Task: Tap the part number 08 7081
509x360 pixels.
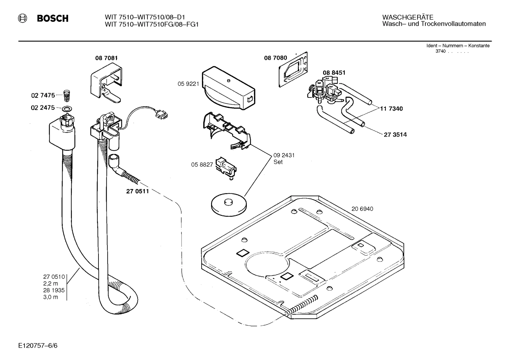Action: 106,58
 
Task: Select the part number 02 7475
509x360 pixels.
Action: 43,95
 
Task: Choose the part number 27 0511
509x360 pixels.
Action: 137,191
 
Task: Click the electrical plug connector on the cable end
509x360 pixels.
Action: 162,114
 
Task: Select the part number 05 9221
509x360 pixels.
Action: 188,84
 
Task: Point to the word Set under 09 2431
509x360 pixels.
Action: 278,162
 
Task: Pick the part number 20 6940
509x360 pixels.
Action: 362,209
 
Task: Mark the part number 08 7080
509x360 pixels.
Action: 275,58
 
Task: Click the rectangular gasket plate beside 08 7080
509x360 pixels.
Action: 293,69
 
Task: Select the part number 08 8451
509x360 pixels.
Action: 334,72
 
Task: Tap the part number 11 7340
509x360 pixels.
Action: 391,109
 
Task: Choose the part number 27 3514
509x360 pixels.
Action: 395,135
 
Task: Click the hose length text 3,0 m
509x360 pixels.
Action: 50,297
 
